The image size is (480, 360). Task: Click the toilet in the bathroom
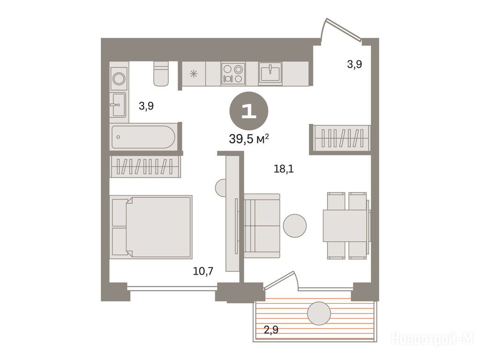click(x=161, y=74)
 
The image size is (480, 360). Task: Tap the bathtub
click(x=143, y=137)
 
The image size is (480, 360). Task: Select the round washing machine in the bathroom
click(x=119, y=79)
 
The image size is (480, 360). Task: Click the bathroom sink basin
click(x=118, y=105)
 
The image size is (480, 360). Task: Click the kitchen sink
click(x=270, y=73)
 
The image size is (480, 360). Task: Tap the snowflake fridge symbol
click(x=194, y=74)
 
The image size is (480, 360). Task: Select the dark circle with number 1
click(x=249, y=111)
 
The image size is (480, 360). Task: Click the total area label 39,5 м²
click(x=249, y=139)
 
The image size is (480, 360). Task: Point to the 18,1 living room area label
click(x=284, y=169)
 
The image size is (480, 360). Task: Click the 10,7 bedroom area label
click(x=203, y=271)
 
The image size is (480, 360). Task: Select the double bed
click(x=151, y=227)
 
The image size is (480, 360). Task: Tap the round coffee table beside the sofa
click(x=294, y=225)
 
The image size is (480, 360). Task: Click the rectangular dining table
click(x=345, y=225)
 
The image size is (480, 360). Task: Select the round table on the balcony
click(x=319, y=314)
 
